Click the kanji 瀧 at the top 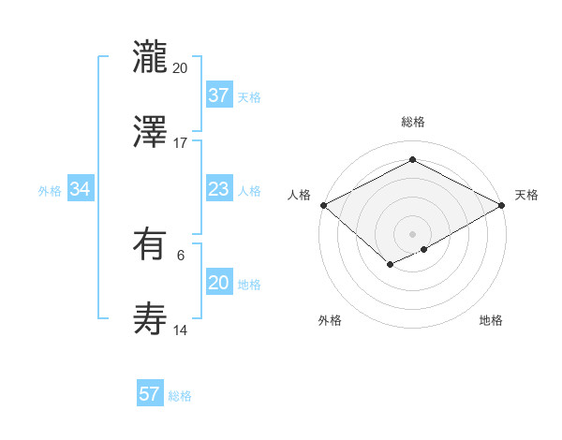point(150,55)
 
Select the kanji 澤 point(150,131)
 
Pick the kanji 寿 point(150,319)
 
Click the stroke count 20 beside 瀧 point(181,68)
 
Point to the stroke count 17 point(181,143)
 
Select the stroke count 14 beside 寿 point(181,330)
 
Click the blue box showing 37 point(218,95)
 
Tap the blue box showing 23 point(218,189)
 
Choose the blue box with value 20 point(218,283)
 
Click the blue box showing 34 point(81,189)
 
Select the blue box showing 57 point(150,394)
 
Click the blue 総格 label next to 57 point(180,396)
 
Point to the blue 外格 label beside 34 point(50,191)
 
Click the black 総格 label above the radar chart point(413,122)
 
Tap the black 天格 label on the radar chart point(526,195)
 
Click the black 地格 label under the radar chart point(491,320)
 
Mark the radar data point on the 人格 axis point(323,205)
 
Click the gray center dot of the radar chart point(413,233)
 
